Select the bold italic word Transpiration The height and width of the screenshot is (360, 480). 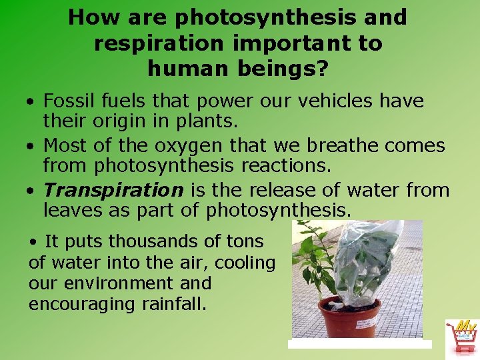113,189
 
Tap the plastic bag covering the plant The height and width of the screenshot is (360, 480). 364,260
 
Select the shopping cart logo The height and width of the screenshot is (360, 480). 462,339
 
